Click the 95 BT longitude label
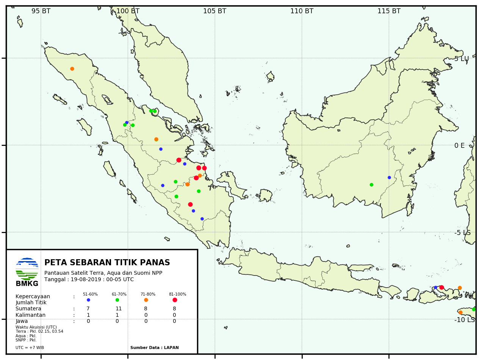(x=41, y=11)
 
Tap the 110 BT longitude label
(x=302, y=11)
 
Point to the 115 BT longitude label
(x=389, y=11)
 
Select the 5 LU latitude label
(x=462, y=59)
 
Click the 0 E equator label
(x=459, y=146)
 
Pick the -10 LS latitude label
(x=465, y=320)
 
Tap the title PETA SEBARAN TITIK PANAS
(x=107, y=263)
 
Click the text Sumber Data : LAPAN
(x=154, y=347)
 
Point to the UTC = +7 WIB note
(x=30, y=347)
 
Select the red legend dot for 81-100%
(x=175, y=300)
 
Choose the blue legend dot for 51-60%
(x=88, y=300)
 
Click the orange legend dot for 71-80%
(x=146, y=300)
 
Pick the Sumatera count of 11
(x=118, y=308)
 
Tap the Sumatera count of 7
(x=88, y=308)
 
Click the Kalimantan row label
(x=30, y=315)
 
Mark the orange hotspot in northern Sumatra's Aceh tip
(x=72, y=69)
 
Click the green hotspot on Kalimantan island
(x=371, y=185)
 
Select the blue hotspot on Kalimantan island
(x=389, y=177)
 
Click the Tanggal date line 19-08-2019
(x=89, y=279)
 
